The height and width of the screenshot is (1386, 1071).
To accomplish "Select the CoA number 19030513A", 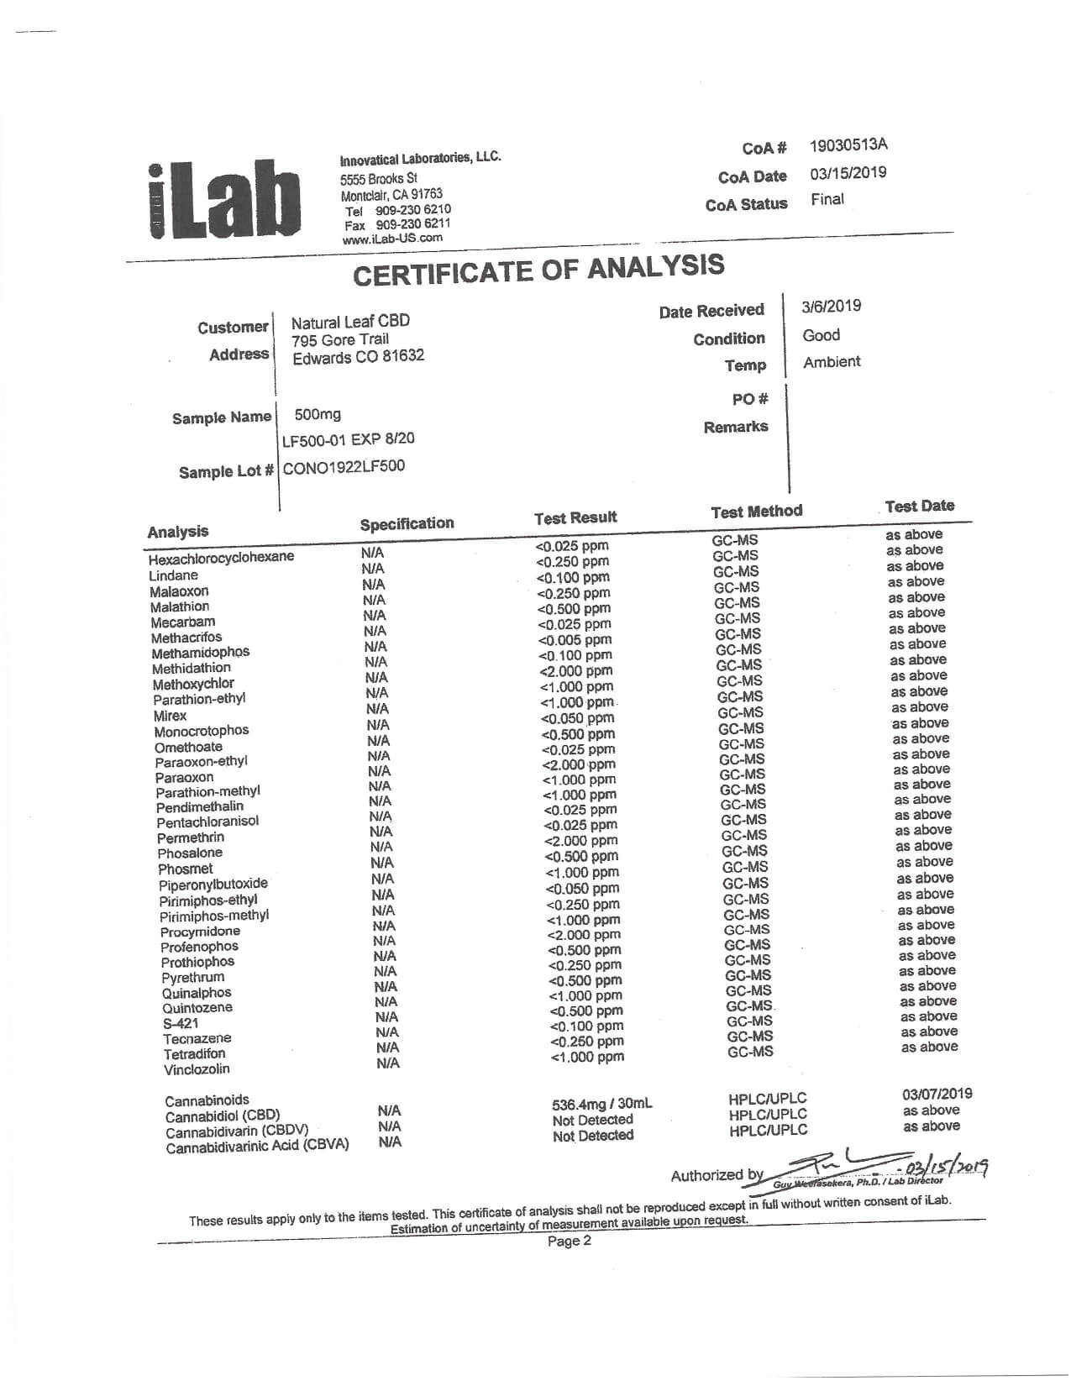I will [848, 145].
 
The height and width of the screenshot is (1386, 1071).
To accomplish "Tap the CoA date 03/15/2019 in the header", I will [848, 173].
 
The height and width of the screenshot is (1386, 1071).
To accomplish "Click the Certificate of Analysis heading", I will [538, 270].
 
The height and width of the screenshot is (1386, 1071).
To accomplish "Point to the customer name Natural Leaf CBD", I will [350, 323].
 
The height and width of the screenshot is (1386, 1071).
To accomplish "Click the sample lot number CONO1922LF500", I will [344, 467].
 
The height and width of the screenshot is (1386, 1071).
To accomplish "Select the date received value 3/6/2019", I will [832, 307].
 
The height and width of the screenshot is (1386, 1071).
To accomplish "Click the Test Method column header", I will [756, 512].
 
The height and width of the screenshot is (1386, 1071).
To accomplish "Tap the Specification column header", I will [407, 524].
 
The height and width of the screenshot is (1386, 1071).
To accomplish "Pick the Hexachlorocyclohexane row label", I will [221, 559].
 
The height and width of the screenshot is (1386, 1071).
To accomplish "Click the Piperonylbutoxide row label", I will [213, 885].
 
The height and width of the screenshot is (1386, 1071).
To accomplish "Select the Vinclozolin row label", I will [197, 1070].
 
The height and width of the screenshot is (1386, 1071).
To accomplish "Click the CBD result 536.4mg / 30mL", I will [601, 1105].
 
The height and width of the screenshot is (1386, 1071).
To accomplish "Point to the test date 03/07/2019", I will [937, 1094].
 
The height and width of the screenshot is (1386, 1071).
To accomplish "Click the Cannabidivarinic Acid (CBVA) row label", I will [257, 1147].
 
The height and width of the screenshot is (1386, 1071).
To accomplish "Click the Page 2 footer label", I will [570, 1242].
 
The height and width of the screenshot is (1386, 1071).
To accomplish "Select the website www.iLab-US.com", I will [392, 239].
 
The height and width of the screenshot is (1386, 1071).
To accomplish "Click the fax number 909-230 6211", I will [412, 224].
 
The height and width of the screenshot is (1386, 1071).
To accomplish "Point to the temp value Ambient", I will [832, 362].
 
